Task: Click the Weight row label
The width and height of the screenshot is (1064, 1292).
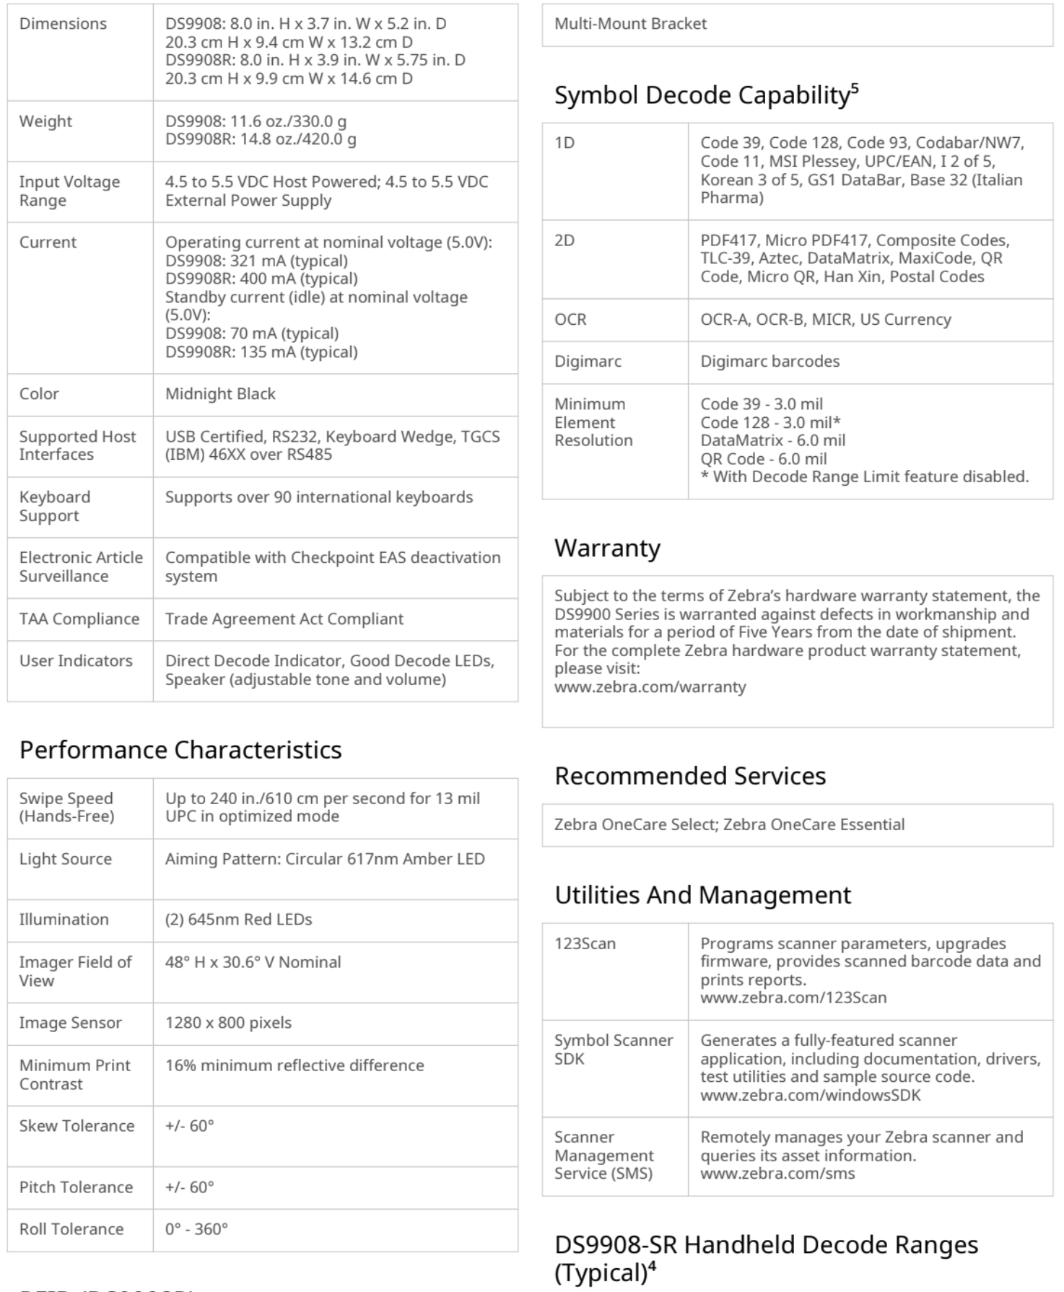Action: click(x=45, y=121)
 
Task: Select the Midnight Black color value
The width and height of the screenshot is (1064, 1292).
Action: click(x=220, y=394)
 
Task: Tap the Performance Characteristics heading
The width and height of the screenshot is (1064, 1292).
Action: click(x=180, y=750)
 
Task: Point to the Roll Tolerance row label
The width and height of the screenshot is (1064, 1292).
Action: click(x=71, y=1229)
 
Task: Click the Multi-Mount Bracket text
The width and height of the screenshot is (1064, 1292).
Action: click(x=630, y=24)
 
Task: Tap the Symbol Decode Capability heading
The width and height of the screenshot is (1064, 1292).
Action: click(x=706, y=95)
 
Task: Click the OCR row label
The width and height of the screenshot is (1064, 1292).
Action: click(x=570, y=320)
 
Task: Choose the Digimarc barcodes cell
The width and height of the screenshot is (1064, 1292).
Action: click(x=769, y=362)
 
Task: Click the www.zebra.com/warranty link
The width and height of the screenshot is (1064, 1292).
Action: click(x=650, y=687)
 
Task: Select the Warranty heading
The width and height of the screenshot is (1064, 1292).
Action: click(x=607, y=549)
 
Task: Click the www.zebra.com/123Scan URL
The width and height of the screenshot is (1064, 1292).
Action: click(x=793, y=998)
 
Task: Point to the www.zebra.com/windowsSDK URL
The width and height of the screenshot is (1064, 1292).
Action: click(x=810, y=1095)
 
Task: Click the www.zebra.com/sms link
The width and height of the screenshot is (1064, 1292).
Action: click(x=777, y=1174)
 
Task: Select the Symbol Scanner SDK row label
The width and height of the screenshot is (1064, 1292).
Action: click(x=613, y=1049)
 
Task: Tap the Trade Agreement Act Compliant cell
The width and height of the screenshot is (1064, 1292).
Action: click(x=284, y=619)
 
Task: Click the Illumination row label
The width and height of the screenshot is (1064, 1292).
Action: click(x=64, y=920)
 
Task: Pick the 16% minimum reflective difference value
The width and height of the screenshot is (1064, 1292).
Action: click(x=295, y=1066)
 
